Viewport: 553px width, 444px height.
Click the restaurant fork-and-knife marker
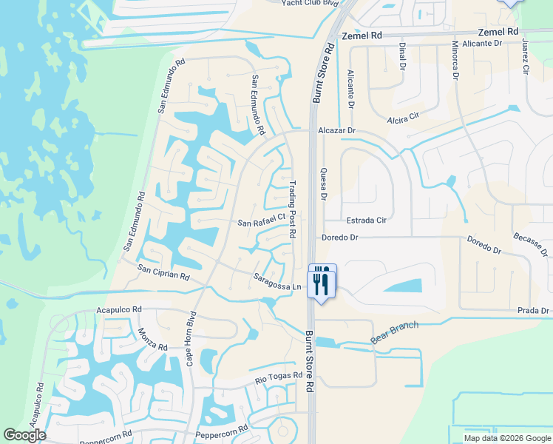point(322,280)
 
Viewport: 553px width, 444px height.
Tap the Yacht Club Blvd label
point(311,3)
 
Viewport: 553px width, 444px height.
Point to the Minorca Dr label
point(455,59)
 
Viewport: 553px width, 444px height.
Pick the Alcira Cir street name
point(403,117)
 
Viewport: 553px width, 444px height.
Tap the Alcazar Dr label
point(337,130)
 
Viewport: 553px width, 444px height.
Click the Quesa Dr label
point(322,183)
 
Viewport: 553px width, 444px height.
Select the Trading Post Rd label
point(293,212)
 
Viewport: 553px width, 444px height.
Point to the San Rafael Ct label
point(261,221)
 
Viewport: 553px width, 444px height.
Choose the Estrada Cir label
point(367,220)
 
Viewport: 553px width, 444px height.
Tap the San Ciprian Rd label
point(164,273)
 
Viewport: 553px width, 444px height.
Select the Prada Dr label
point(533,310)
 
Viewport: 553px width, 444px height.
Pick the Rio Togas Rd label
point(279,377)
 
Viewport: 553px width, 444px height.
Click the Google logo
point(24,435)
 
